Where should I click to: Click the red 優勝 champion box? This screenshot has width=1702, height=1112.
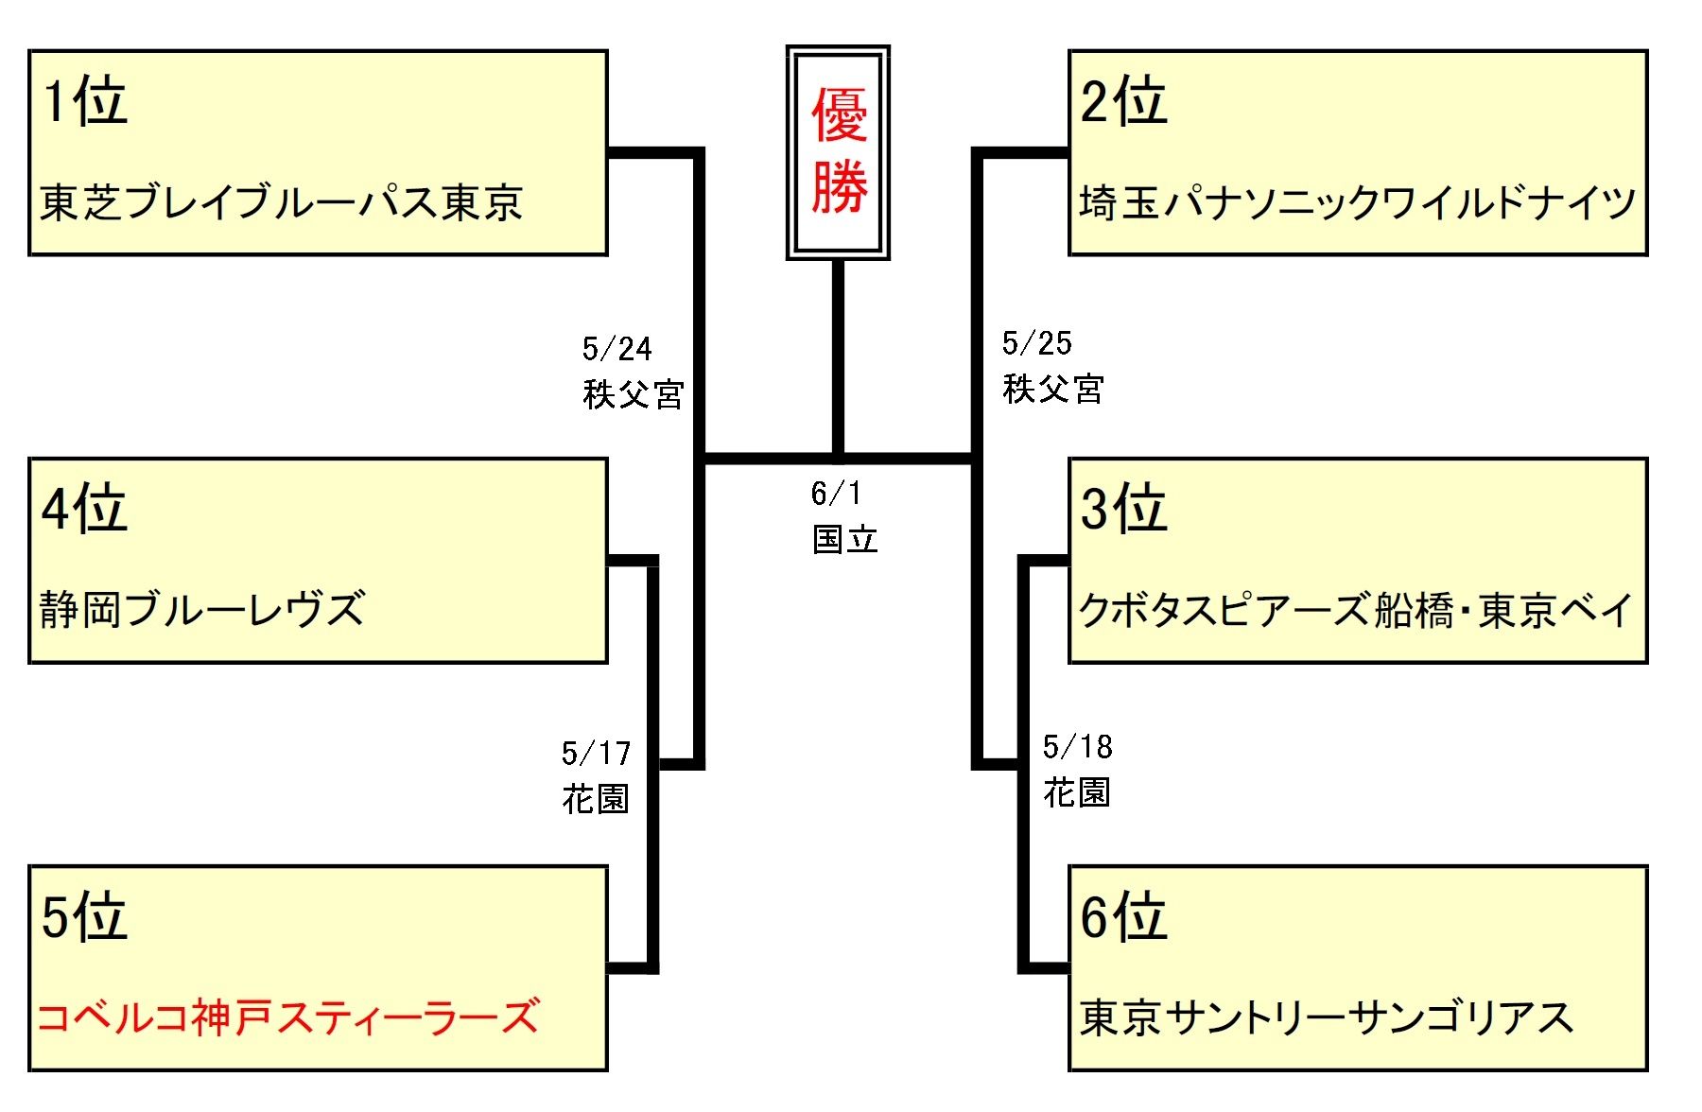coord(838,152)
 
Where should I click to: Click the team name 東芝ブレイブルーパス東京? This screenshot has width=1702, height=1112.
coord(281,202)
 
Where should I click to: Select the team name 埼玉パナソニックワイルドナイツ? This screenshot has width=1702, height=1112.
coord(1357,202)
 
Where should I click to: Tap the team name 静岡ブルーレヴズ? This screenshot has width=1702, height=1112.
coord(202,610)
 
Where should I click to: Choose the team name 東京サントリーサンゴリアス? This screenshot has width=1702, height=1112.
coord(1327,1017)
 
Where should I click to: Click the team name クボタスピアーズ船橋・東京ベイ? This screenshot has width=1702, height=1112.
coord(1355,610)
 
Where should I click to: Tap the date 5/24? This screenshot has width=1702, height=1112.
coord(617,349)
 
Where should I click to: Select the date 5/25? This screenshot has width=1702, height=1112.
coord(1036,343)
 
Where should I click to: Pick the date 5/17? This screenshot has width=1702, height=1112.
coord(596,754)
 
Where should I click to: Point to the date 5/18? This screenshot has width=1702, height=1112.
coord(1077,748)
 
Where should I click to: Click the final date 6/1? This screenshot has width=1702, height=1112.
coord(836,493)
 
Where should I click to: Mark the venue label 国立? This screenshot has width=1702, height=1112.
coord(844,540)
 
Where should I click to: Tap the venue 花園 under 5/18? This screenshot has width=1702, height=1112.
coord(1076,792)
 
